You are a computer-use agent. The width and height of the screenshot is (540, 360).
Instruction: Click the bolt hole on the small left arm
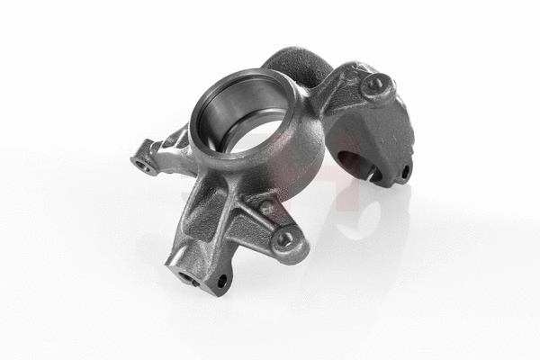pos(141,164)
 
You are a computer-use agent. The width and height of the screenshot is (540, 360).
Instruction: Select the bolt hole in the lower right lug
pos(285,239)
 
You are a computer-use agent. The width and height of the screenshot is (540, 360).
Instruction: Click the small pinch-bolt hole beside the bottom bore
pos(221,282)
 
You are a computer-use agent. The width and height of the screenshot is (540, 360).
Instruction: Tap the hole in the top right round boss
pos(373,85)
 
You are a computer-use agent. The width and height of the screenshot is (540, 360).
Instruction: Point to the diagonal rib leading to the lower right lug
pos(254,216)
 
